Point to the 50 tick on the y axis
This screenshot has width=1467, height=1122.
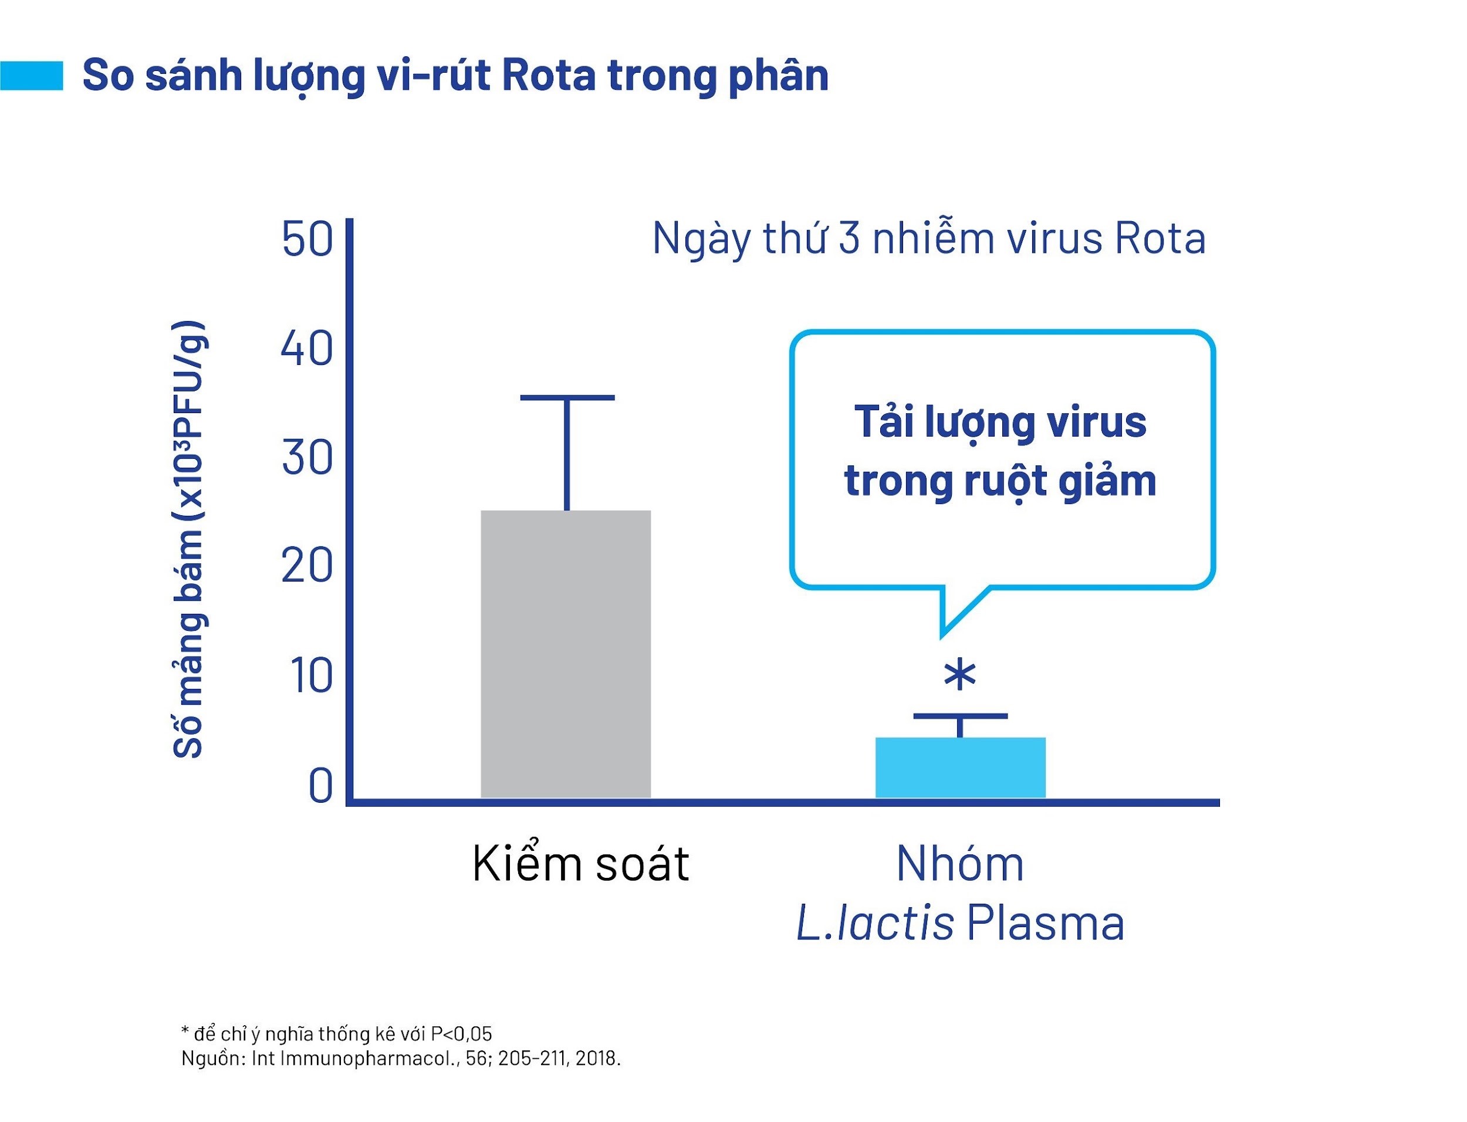307,238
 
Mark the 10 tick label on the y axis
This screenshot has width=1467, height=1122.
311,676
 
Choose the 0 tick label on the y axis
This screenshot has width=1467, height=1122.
320,786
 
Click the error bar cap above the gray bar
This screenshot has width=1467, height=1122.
567,397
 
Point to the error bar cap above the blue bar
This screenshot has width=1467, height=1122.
959,716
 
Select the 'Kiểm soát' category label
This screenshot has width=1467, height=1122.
580,864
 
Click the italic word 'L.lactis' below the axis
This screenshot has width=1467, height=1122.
875,924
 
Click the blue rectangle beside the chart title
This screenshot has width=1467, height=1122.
31,76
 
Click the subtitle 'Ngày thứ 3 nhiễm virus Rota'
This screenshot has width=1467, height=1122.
928,238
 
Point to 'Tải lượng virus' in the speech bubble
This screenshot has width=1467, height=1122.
1000,422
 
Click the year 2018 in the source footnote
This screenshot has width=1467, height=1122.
596,1059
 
